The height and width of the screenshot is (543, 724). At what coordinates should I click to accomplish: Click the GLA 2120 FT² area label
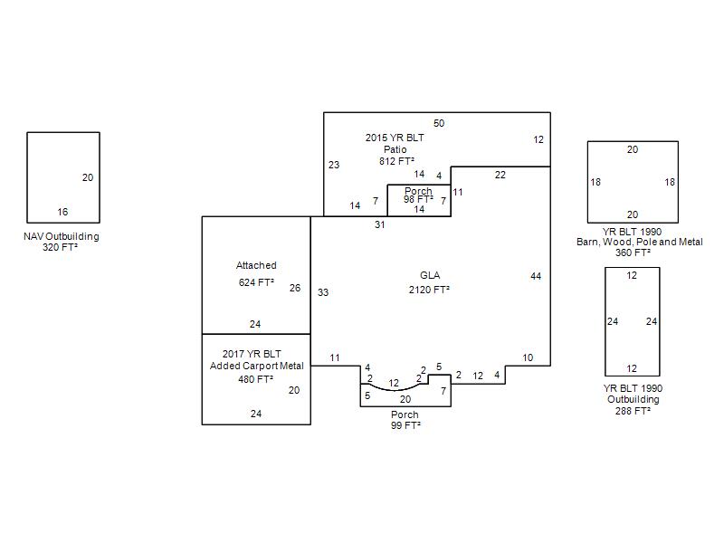pyautogui.click(x=428, y=290)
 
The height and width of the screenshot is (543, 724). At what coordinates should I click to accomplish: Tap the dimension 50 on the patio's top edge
pyautogui.click(x=439, y=123)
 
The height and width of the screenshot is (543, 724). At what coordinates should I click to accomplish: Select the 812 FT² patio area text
pyautogui.click(x=395, y=161)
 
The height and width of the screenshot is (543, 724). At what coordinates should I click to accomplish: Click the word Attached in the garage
pyautogui.click(x=256, y=266)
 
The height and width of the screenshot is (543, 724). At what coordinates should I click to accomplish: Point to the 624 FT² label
pyautogui.click(x=256, y=282)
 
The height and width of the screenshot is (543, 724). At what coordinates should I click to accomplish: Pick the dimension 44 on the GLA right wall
pyautogui.click(x=536, y=276)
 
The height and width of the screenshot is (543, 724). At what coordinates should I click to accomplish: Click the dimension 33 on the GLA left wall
pyautogui.click(x=323, y=292)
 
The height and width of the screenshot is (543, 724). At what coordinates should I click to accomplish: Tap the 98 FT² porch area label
pyautogui.click(x=418, y=199)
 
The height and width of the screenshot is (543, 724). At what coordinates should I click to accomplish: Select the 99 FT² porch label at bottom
pyautogui.click(x=405, y=424)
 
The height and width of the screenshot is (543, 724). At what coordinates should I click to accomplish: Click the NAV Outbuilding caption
pyautogui.click(x=61, y=237)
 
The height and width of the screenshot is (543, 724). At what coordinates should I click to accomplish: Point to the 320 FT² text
pyautogui.click(x=61, y=247)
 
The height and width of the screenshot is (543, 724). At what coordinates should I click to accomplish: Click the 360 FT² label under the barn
pyautogui.click(x=633, y=252)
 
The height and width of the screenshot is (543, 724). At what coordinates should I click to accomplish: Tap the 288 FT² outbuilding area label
pyautogui.click(x=633, y=410)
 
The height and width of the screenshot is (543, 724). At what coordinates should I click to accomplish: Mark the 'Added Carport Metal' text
pyautogui.click(x=257, y=366)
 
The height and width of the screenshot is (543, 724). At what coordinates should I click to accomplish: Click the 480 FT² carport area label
pyautogui.click(x=256, y=379)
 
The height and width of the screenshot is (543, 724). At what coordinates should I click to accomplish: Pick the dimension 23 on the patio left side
pyautogui.click(x=334, y=165)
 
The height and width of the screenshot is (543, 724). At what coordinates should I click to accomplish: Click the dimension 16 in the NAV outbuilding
pyautogui.click(x=62, y=213)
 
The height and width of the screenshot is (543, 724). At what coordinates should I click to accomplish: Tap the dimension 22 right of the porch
pyautogui.click(x=500, y=175)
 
